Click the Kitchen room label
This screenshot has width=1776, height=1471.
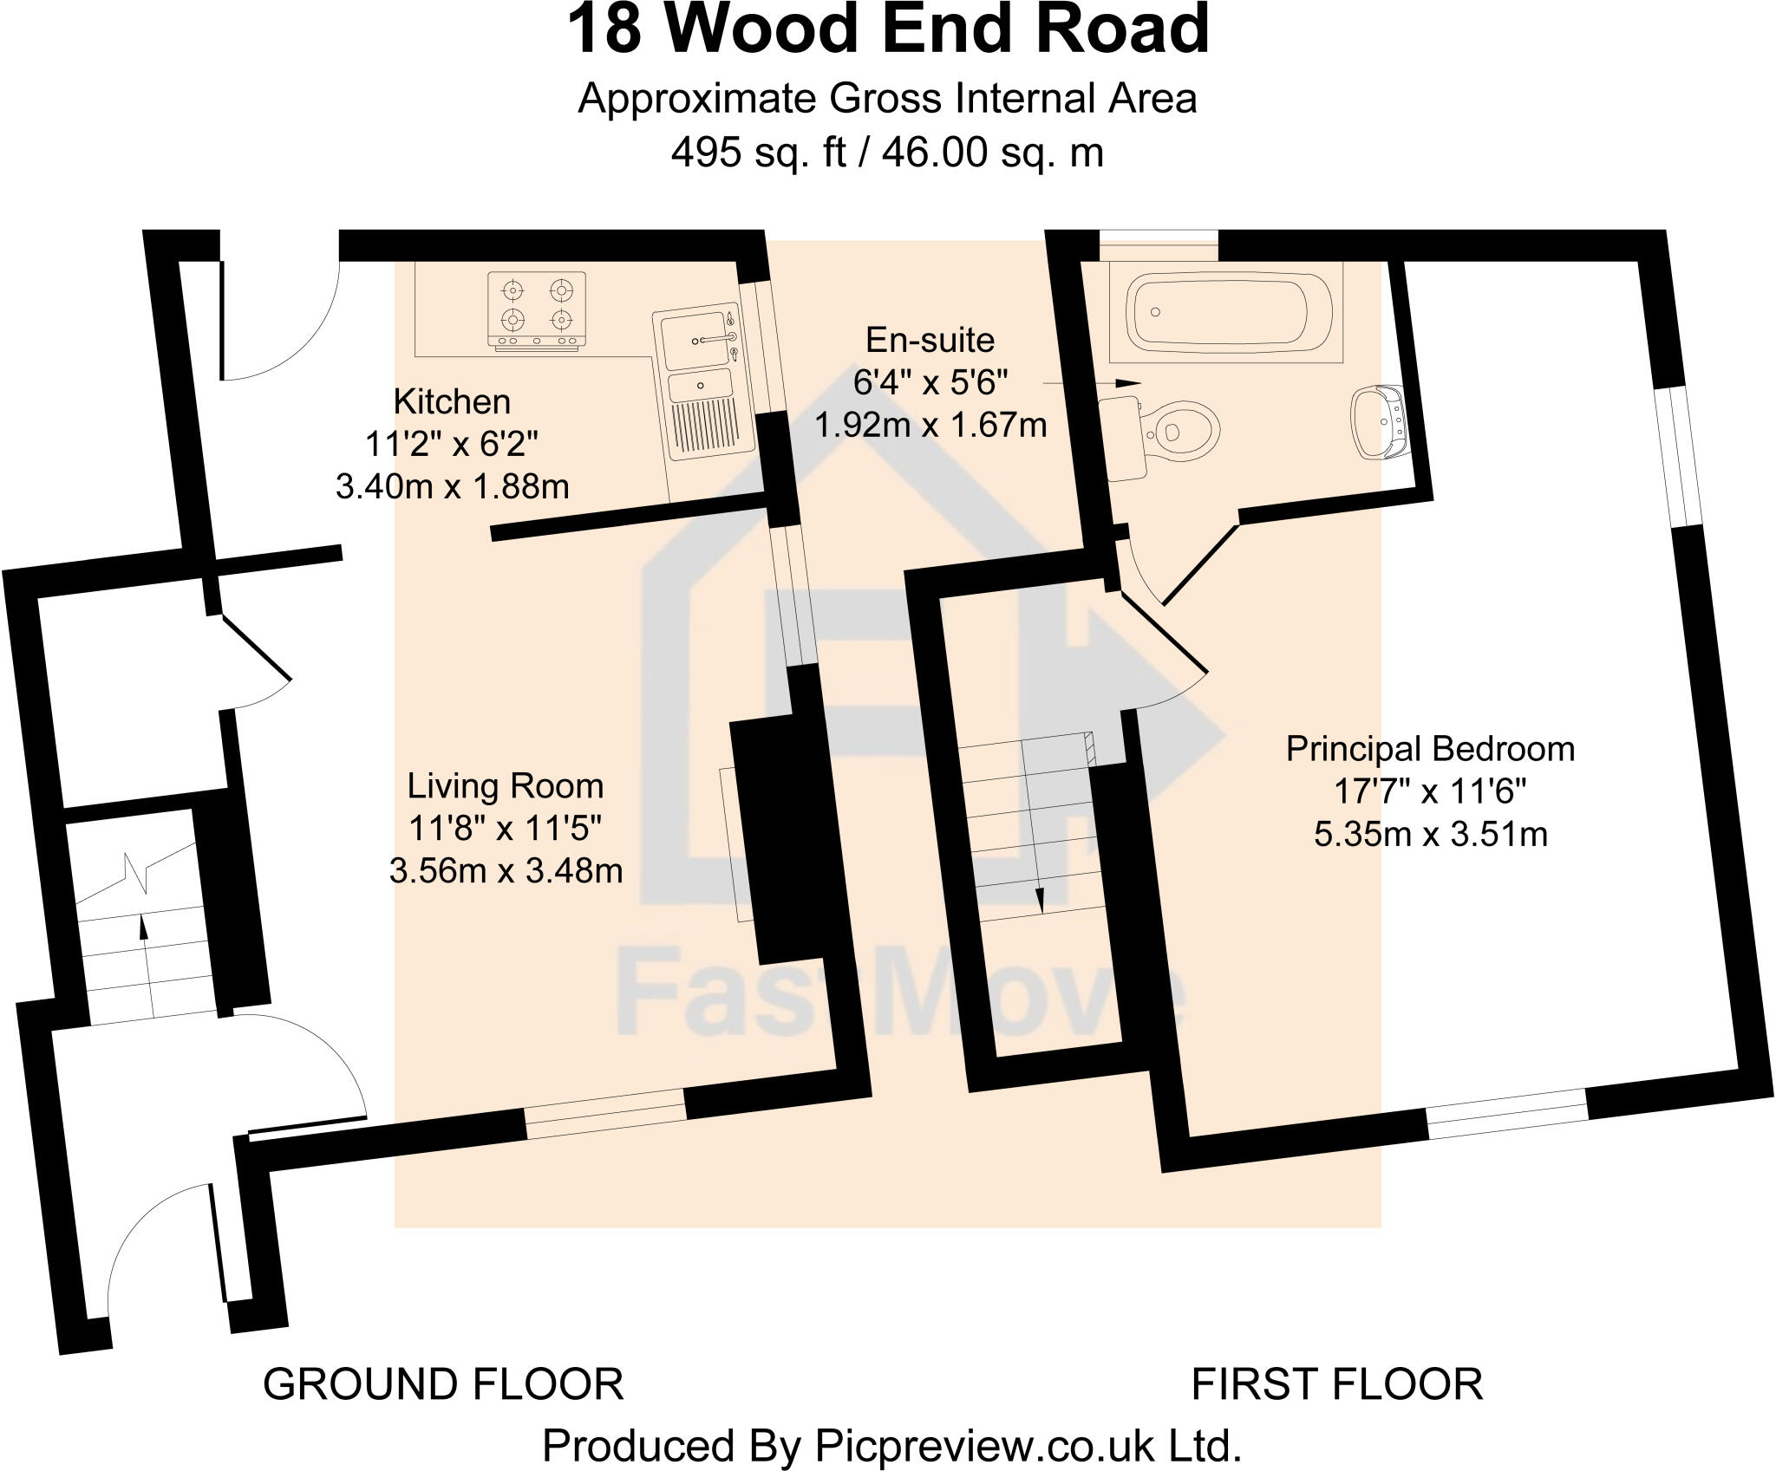pos(452,401)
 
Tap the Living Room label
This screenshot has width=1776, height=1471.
pos(506,786)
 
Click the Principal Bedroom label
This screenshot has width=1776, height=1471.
pos(1430,749)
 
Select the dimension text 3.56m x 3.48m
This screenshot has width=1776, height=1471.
pos(506,870)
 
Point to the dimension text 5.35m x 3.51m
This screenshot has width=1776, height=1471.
pos(1430,834)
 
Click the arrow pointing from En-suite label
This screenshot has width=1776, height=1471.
pos(1093,383)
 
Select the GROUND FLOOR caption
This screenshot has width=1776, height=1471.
pos(443,1384)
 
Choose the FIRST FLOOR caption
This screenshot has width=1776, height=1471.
pos(1336,1384)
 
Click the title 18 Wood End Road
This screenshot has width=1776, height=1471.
pos(887,30)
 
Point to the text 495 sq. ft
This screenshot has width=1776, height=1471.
pos(758,153)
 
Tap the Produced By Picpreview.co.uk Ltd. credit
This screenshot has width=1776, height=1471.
pos(891,1445)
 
